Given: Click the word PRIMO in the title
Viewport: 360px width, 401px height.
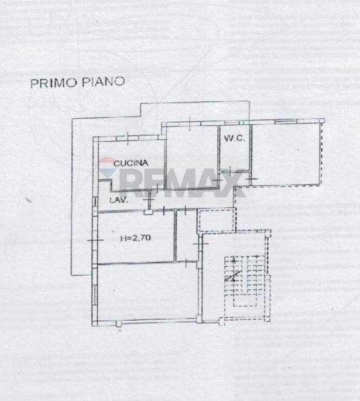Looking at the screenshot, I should point(49,83).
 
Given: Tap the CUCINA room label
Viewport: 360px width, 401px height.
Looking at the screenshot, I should point(131,163).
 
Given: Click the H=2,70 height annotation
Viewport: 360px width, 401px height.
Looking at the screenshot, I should point(134,238).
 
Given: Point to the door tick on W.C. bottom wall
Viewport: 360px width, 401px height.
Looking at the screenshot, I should point(250,176).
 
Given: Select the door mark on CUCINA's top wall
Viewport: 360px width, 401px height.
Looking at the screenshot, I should point(128,139).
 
